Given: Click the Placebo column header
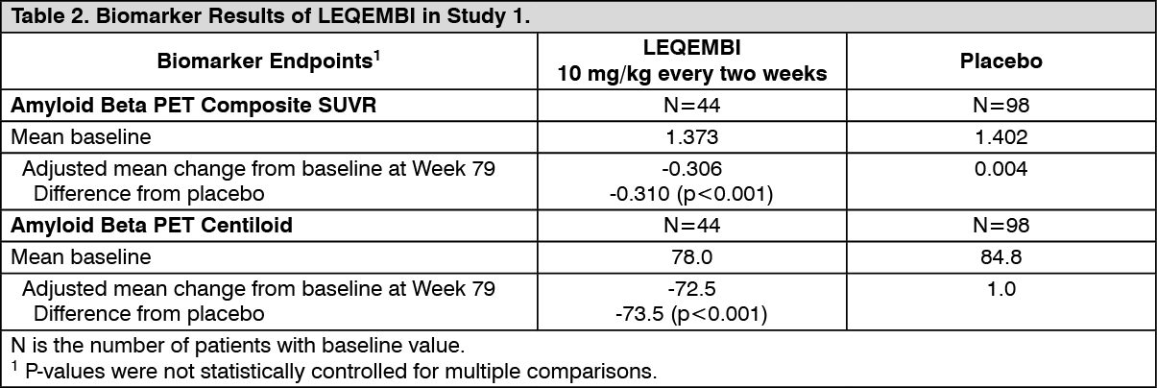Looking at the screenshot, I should tap(1001, 61).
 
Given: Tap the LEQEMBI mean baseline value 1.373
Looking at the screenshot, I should tap(691, 136).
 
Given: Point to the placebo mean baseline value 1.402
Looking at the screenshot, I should tap(1001, 136).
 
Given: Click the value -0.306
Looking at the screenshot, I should tap(691, 169).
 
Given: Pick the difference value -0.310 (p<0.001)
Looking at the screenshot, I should tap(691, 192).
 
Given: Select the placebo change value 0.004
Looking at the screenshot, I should tap(1001, 169).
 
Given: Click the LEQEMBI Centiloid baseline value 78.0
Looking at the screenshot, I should tap(691, 256).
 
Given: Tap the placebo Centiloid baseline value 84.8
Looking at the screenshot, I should tap(1001, 256).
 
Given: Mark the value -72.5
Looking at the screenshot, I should tap(691, 289).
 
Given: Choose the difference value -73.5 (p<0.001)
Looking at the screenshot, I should tap(691, 312).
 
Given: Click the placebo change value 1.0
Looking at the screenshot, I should tap(1001, 289).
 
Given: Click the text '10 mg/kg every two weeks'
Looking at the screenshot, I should tap(691, 74).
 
